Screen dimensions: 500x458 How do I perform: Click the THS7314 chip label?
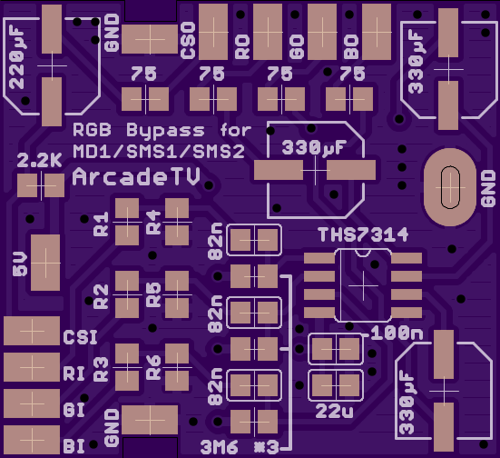coord(363,234)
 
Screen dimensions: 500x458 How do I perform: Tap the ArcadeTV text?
coord(136,176)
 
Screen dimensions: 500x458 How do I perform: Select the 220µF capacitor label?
coord(17,58)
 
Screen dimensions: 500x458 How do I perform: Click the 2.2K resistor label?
coord(39,160)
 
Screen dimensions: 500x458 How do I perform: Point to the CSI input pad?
coord(32,331)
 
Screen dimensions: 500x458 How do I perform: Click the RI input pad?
coord(32,367)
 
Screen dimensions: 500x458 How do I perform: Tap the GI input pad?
coord(32,403)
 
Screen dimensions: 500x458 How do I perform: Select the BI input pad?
coord(32,440)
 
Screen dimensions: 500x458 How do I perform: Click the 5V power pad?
coord(45,263)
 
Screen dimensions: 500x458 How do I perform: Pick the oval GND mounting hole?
coord(450,187)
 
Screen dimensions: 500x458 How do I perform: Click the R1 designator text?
coord(101,224)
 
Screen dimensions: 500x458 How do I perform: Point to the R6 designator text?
coord(153,368)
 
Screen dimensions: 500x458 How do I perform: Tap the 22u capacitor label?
coord(335,412)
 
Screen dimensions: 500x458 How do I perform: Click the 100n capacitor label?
coord(397,334)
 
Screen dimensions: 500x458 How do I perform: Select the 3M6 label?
coord(219,447)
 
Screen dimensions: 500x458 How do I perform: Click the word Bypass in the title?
coord(165,131)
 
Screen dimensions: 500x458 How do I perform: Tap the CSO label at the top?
coord(188,40)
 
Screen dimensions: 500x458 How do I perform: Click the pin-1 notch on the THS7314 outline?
coord(363,253)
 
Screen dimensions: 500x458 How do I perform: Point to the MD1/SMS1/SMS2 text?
coord(159,152)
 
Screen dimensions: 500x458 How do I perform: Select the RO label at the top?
coord(242,46)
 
